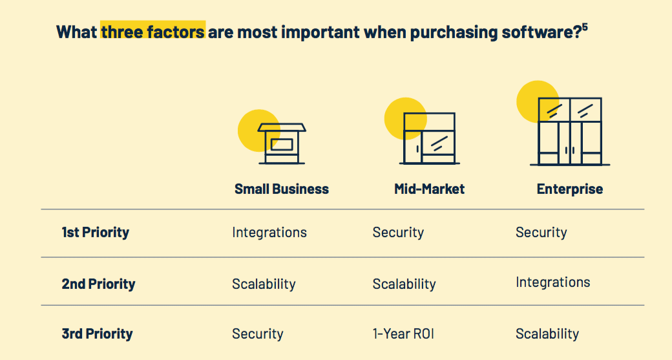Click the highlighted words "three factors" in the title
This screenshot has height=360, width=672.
(152, 32)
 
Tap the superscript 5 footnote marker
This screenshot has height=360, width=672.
(585, 28)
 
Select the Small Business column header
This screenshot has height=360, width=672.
(282, 189)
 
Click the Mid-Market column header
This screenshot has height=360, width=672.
(430, 189)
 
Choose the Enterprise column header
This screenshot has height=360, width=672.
(569, 189)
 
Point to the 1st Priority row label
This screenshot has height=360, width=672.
(95, 232)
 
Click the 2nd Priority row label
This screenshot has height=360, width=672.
(99, 284)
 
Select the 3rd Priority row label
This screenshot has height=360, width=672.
(98, 334)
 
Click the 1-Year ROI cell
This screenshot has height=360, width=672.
(403, 334)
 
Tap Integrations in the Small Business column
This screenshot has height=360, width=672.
(269, 232)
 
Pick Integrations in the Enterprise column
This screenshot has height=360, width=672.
(553, 282)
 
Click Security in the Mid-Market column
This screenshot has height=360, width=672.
(398, 233)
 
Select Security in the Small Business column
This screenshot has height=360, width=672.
(258, 334)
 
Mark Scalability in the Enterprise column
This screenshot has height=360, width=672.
(547, 334)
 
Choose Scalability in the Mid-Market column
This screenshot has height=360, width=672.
(404, 284)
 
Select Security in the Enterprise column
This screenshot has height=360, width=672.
(541, 233)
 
